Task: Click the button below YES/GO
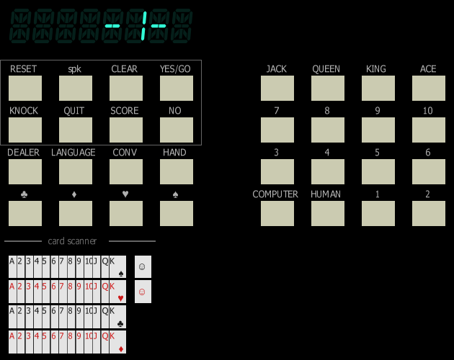(x=177, y=89)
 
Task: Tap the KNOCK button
(x=25, y=130)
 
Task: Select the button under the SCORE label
(x=126, y=130)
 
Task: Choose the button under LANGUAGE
(x=76, y=171)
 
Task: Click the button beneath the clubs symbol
(x=25, y=213)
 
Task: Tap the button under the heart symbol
(x=126, y=213)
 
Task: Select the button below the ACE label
(x=429, y=89)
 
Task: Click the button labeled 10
(x=429, y=130)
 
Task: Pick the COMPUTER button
(x=277, y=213)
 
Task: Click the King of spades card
(x=118, y=267)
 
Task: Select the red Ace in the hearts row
(x=12, y=292)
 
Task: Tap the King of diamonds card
(x=118, y=342)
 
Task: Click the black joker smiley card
(x=143, y=267)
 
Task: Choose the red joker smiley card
(x=143, y=292)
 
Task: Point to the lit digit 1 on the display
(x=143, y=26)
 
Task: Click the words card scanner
(x=72, y=241)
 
